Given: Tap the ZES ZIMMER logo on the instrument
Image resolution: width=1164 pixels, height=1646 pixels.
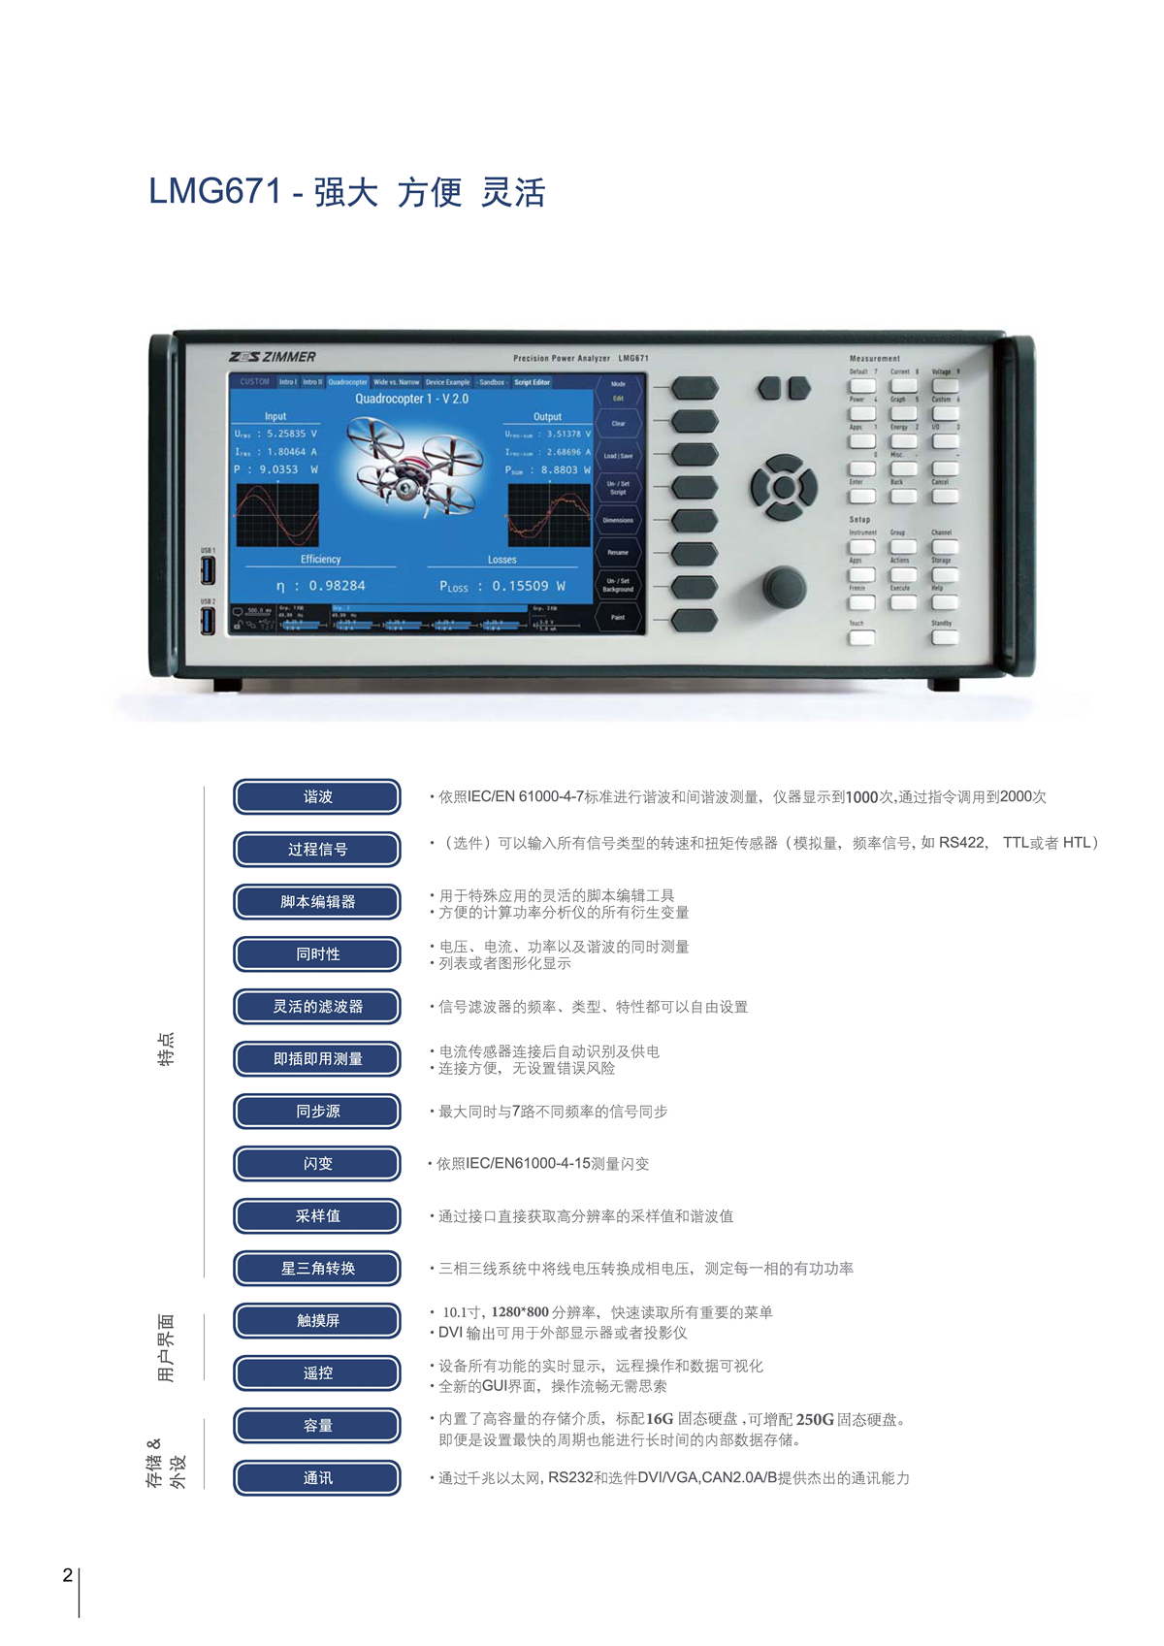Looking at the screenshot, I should (x=273, y=357).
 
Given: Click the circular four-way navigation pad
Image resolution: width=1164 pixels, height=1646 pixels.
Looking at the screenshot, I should (x=783, y=486).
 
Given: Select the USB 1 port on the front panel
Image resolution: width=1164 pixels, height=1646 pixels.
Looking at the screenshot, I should (x=208, y=570).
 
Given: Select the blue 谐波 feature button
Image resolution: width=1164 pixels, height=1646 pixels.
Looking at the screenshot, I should (x=317, y=796).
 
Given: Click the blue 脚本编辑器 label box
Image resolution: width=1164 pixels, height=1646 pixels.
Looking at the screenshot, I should (x=317, y=901).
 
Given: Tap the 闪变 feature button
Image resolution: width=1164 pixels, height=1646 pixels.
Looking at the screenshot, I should (x=317, y=1163).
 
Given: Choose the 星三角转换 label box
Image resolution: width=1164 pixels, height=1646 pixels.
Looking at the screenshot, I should (x=317, y=1268).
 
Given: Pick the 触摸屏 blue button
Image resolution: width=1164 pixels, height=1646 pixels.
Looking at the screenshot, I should (x=317, y=1320).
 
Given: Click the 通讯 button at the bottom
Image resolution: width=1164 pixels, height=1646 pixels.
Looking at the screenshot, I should (x=317, y=1477).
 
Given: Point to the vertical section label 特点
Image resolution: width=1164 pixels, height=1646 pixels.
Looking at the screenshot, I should (x=166, y=1049).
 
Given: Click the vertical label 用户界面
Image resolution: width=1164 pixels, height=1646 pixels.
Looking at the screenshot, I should (x=166, y=1347).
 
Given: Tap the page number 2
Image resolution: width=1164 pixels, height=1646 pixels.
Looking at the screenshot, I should (x=67, y=1575).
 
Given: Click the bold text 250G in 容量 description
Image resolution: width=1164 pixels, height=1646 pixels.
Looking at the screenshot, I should (x=815, y=1419).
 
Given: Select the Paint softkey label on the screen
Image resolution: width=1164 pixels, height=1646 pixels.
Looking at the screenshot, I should (x=618, y=617).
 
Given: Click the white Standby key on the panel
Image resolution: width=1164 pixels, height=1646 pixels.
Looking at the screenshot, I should (x=944, y=637).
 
